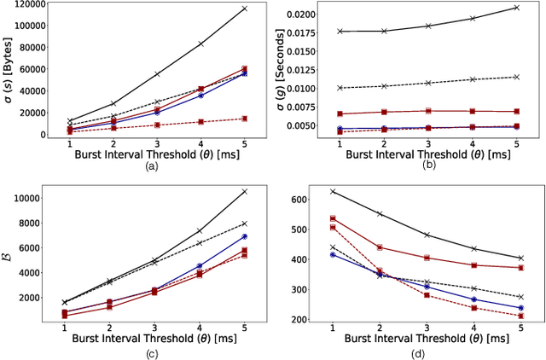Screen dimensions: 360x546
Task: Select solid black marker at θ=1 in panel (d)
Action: pyautogui.click(x=332, y=191)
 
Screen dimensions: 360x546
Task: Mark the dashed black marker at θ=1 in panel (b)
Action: pyautogui.click(x=340, y=88)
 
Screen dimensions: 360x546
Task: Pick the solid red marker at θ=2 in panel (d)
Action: pyautogui.click(x=378, y=247)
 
